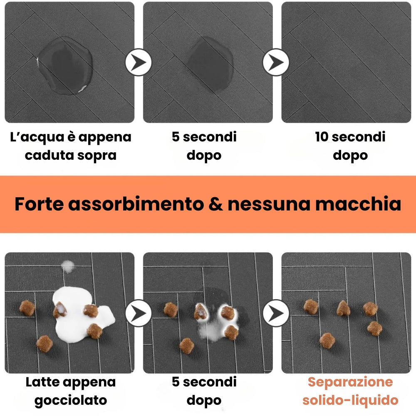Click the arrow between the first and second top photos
coord(139,62)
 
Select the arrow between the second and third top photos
coord(276,62)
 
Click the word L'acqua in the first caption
coord(37,137)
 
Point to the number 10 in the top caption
coord(322,137)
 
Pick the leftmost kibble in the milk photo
coord(27,307)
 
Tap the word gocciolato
coord(70,401)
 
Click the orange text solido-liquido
coord(350,401)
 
